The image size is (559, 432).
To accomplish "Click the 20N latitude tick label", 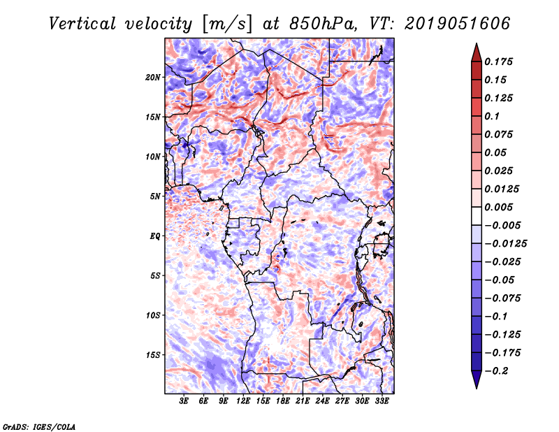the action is pyautogui.click(x=153, y=78).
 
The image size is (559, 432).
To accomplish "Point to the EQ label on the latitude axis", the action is pyautogui.click(x=154, y=236).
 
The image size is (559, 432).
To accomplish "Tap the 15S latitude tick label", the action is pyautogui.click(x=153, y=355).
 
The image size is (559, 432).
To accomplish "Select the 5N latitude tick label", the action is pyautogui.click(x=155, y=196).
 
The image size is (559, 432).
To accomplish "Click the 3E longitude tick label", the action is pyautogui.click(x=184, y=401).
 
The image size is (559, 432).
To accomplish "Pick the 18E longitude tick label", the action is pyautogui.click(x=283, y=401).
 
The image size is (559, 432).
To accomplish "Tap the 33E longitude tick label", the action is pyautogui.click(x=382, y=401).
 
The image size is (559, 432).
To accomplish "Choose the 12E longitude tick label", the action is pyautogui.click(x=243, y=401).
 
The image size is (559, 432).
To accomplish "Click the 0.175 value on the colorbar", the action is pyautogui.click(x=499, y=62).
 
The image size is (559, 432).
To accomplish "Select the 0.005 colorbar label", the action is pyautogui.click(x=499, y=207).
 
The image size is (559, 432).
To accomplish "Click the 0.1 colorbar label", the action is pyautogui.click(x=493, y=116).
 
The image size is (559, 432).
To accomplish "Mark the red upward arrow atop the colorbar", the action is pyautogui.click(x=477, y=52).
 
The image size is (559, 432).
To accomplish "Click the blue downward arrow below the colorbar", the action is pyautogui.click(x=477, y=380).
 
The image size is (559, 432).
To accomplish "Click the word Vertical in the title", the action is pyautogui.click(x=82, y=24).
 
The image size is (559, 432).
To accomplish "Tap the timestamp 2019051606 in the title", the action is pyautogui.click(x=458, y=24).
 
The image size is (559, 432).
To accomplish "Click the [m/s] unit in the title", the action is pyautogui.click(x=226, y=24).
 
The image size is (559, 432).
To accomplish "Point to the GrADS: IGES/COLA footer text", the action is pyautogui.click(x=39, y=426).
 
